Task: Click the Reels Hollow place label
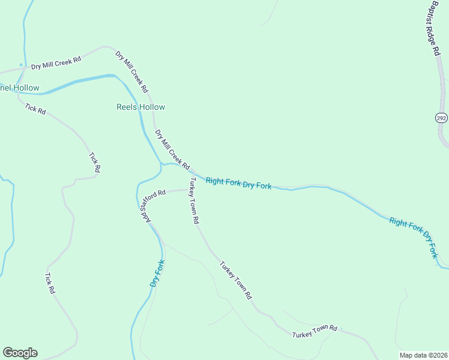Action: coord(140,107)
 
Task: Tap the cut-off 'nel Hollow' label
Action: coord(20,88)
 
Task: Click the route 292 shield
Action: coord(442,118)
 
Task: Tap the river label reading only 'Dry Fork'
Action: coord(157,274)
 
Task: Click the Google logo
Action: coord(20,353)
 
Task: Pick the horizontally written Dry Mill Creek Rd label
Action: coord(56,62)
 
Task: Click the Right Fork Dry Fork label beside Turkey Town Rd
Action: coord(238,183)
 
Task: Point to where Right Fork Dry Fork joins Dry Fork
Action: coord(161,164)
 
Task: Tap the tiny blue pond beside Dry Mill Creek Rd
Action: coord(21,65)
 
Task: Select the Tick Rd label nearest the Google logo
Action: coord(50,283)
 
